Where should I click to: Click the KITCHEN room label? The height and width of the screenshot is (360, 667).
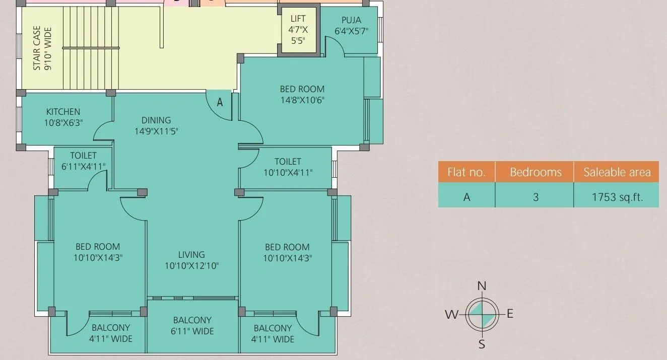coord(63,112)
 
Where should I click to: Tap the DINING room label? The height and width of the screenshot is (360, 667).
coord(156,120)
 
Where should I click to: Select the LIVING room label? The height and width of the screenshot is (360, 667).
coord(191,255)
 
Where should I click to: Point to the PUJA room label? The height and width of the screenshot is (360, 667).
coord(351,20)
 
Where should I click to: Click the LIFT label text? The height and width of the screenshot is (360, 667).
coord(298,19)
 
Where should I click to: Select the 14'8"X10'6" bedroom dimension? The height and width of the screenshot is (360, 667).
coord(302,100)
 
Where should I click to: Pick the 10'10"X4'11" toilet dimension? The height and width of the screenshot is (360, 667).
coord(288,173)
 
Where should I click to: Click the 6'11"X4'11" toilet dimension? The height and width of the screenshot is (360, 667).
coord(83,166)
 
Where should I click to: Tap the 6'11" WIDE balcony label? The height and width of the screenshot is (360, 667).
coord(192,331)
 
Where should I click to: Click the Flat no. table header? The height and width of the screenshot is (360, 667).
coord(466,172)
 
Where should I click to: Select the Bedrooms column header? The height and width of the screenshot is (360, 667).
coord(536,172)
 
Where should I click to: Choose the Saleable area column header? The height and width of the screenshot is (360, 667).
coord(617,172)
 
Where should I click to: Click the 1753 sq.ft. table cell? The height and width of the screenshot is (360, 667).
coord(618,197)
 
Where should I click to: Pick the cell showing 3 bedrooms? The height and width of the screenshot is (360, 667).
coord(536,197)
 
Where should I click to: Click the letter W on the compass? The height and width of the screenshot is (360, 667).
coord(451,315)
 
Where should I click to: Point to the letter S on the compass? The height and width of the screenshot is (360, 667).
coord(482,345)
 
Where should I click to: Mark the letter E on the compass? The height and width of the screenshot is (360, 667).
coord(510,314)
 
